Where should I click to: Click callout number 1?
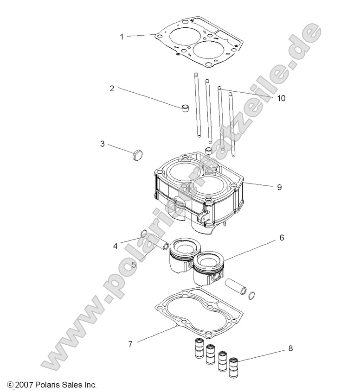(x=122, y=36)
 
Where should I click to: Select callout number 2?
(x=112, y=88)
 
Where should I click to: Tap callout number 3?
(x=103, y=144)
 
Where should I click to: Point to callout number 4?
(x=116, y=246)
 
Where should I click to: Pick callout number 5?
(x=134, y=265)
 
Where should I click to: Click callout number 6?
(x=281, y=238)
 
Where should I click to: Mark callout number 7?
(x=131, y=344)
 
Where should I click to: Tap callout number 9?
(x=279, y=187)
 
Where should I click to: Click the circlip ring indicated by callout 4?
(x=144, y=234)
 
